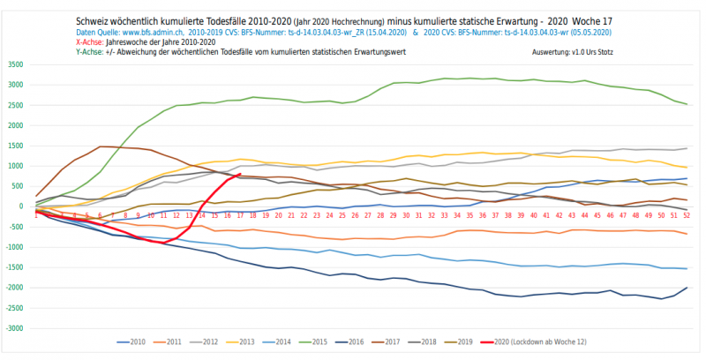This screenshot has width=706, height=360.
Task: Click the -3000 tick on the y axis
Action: [15, 328]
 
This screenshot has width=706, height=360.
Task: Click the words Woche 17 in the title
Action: [586, 20]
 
